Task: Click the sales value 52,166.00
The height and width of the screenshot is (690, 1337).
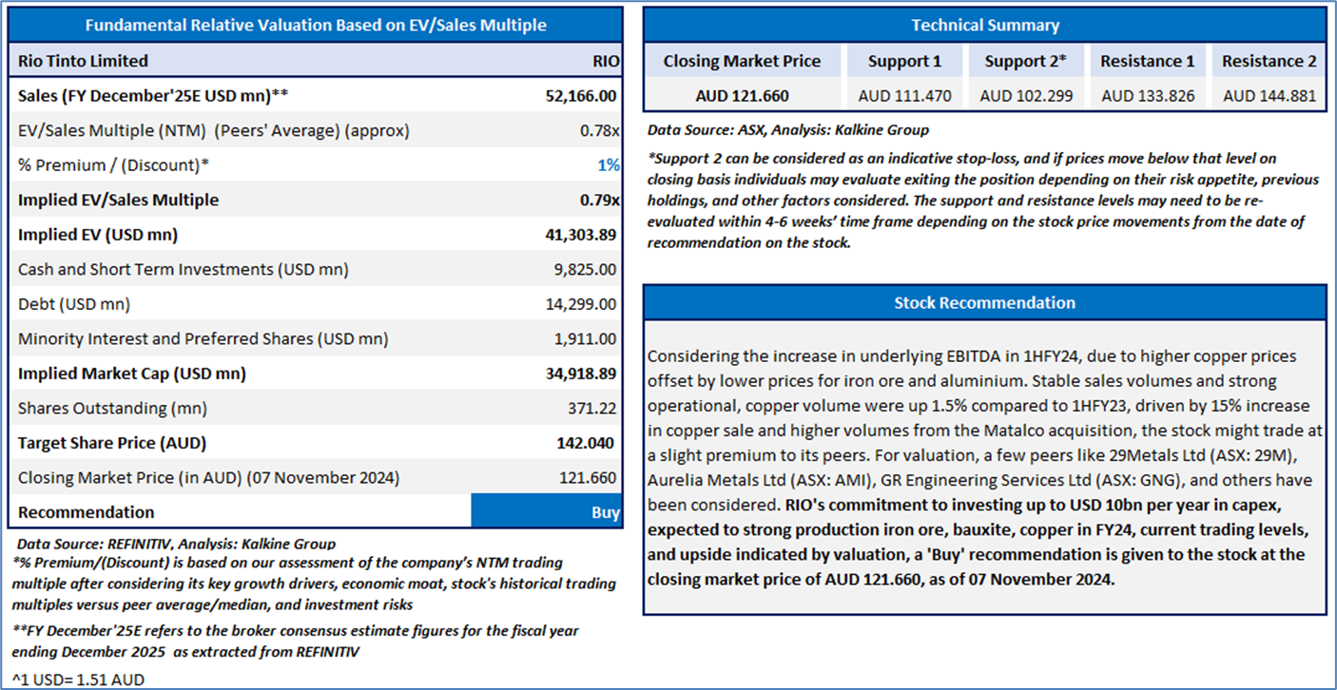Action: pos(581,96)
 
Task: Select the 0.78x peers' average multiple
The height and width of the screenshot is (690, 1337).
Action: pos(600,130)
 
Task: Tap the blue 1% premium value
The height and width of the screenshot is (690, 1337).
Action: pos(609,165)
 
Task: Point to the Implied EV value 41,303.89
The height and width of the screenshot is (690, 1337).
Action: pos(581,235)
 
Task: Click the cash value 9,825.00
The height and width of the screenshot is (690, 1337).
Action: pos(585,270)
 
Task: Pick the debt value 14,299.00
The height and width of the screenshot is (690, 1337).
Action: pos(581,304)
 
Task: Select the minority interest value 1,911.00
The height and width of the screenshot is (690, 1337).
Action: pos(585,338)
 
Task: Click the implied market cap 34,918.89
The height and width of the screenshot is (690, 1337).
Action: pos(581,374)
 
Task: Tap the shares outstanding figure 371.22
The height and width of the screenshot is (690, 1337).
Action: pos(592,409)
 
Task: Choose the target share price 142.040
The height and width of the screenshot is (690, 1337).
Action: pos(586,443)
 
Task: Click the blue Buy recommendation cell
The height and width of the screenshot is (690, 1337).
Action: pos(547,511)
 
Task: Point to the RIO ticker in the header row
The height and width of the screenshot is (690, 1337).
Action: pos(606,61)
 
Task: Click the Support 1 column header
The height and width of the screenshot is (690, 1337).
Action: pos(904,61)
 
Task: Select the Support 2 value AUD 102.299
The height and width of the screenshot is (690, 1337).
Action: pos(1026,96)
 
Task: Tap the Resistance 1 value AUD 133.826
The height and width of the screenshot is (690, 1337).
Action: pos(1148,96)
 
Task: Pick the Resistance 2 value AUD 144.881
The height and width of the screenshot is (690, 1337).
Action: pos(1269,96)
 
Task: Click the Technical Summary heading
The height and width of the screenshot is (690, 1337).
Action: pos(985,25)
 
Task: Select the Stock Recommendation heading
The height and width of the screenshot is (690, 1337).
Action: pos(985,303)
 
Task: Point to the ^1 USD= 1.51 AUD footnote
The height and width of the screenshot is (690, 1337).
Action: pos(78,680)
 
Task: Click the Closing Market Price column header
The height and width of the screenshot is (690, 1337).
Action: pos(742,61)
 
